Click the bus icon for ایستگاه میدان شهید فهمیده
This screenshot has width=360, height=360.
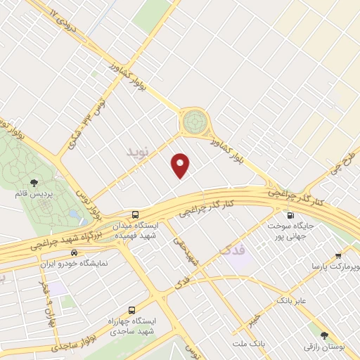(x=134, y=214)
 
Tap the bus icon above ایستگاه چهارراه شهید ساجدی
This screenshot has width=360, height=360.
(x=133, y=310)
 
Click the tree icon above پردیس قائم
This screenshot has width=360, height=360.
(x=34, y=183)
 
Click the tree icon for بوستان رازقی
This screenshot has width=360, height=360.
(x=324, y=335)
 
